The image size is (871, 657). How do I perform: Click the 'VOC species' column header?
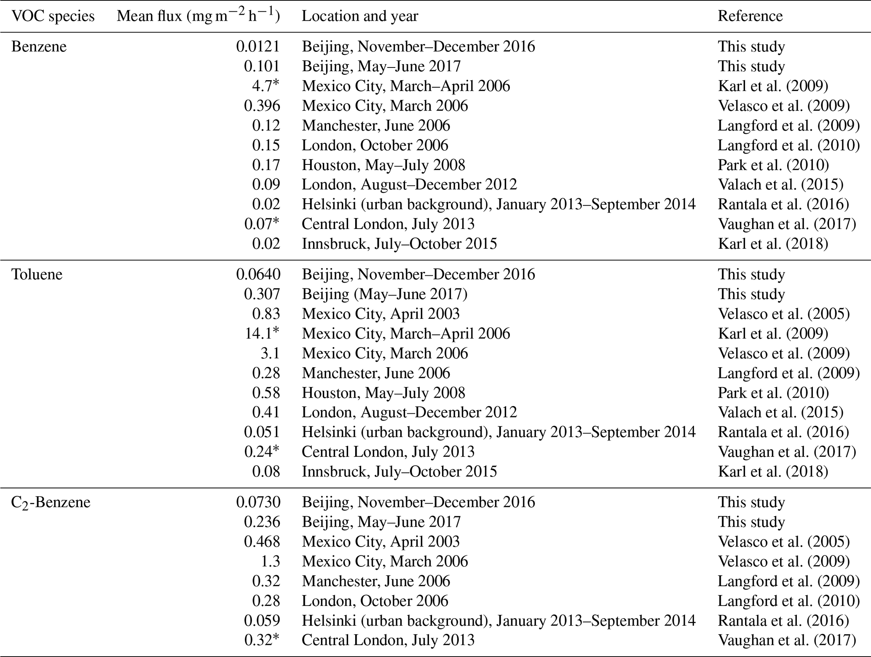coord(53,16)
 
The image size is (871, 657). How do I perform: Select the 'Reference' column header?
coord(750,16)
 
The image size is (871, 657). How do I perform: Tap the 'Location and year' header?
coord(360,16)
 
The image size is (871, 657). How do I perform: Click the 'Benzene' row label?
coord(39,46)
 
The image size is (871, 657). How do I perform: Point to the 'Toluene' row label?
coord(37,275)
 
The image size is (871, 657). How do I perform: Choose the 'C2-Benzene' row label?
coord(51,503)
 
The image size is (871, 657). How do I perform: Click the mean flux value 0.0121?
coord(258,46)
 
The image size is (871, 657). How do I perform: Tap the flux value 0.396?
coord(262,106)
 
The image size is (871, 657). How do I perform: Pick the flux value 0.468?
coord(262,542)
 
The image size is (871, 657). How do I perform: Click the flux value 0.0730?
coord(258,503)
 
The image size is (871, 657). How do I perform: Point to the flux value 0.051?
coord(262,432)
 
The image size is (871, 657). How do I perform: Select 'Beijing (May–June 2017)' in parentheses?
coord(384,294)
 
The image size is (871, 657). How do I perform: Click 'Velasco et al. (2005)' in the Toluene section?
coord(783,314)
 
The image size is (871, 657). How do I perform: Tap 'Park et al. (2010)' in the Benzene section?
coord(773,165)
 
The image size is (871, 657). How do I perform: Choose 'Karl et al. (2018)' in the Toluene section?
coord(773,471)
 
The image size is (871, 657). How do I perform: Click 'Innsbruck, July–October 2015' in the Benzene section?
coord(399,244)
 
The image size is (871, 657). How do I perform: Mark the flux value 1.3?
coord(270,562)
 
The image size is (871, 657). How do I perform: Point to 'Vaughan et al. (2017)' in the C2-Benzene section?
coord(787,641)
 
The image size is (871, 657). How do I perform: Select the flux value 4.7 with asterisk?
coord(266,86)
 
